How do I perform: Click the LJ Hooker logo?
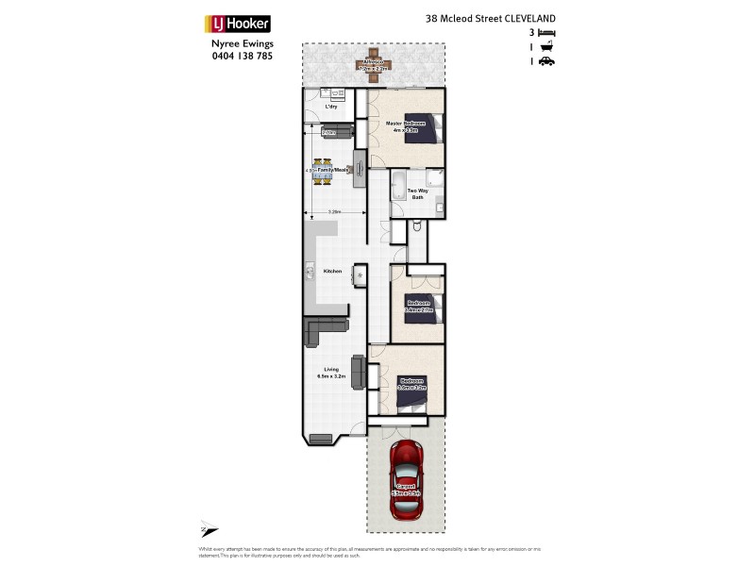[x=238, y=24]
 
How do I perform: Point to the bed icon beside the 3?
[x=546, y=33]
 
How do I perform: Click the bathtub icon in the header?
[x=546, y=47]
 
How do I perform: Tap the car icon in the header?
[x=546, y=61]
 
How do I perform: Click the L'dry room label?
[x=331, y=108]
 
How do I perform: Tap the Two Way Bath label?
[x=417, y=194]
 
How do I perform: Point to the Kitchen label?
[x=332, y=272]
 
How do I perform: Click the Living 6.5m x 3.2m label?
[x=331, y=373]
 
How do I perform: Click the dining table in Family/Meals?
[x=323, y=171]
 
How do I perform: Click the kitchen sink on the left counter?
[x=310, y=274]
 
